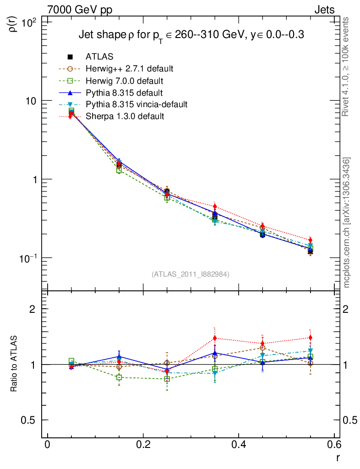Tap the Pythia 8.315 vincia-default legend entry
pyautogui.click(x=136, y=104)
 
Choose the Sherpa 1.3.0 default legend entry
pyautogui.click(x=125, y=116)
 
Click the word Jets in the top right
pyautogui.click(x=324, y=10)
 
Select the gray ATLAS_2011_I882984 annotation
pyautogui.click(x=191, y=274)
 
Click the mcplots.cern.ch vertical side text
pyautogui.click(x=347, y=223)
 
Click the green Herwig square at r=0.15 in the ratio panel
pyautogui.click(x=119, y=377)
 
